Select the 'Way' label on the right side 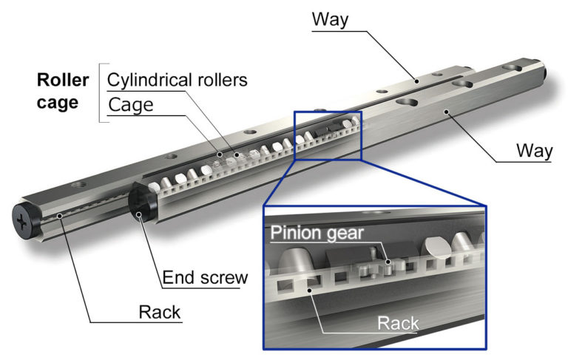(x=535, y=152)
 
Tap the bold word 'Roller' (x=64, y=80)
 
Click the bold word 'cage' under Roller (x=58, y=103)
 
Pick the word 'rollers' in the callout (x=221, y=79)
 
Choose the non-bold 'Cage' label (x=130, y=104)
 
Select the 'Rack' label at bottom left (x=160, y=312)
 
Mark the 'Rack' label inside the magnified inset (x=399, y=322)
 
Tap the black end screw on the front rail (x=140, y=203)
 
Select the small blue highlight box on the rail (x=328, y=135)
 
